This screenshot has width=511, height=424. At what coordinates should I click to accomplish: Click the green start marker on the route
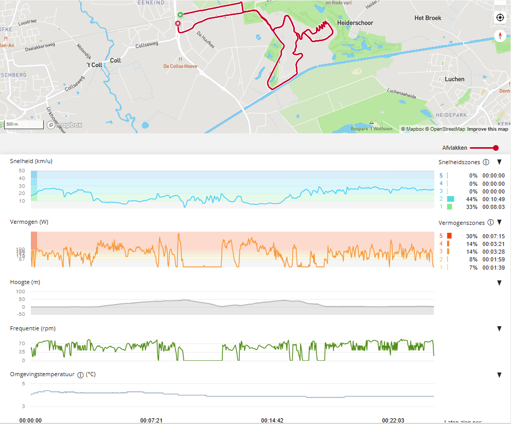click(x=180, y=15)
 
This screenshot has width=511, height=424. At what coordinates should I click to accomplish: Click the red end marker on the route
click(x=178, y=24)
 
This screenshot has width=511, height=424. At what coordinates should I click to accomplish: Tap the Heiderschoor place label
click(x=355, y=23)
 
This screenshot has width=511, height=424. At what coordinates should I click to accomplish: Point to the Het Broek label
click(x=428, y=18)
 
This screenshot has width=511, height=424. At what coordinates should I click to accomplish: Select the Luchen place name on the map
click(x=454, y=79)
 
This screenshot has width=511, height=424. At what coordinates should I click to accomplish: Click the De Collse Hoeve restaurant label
click(x=180, y=66)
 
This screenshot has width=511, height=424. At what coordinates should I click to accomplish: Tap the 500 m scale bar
click(x=24, y=125)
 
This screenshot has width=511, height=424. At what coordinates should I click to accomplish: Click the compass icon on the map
click(x=500, y=36)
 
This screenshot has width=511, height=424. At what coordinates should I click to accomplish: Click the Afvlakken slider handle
click(x=496, y=148)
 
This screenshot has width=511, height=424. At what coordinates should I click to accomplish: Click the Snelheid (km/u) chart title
click(x=31, y=161)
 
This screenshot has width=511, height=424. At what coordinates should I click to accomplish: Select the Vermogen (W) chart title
click(x=29, y=222)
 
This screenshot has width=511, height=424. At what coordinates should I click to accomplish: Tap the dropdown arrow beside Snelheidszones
click(x=499, y=162)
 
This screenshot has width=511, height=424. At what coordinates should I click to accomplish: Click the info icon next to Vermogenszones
click(x=490, y=223)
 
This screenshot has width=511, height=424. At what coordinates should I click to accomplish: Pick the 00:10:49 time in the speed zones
click(x=493, y=199)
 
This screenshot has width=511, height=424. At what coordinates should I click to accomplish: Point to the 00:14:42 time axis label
click(x=272, y=420)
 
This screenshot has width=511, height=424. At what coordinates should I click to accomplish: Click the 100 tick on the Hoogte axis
click(x=21, y=291)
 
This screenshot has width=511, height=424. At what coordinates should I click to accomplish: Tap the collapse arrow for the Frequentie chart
click(x=499, y=329)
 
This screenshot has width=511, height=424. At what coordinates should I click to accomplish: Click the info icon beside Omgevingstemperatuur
click(x=80, y=375)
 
